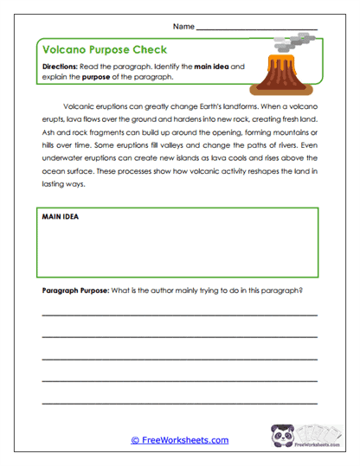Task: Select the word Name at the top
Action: [183, 27]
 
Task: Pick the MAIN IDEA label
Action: [61, 216]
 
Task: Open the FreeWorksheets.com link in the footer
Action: [179, 440]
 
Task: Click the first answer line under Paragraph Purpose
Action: [179, 316]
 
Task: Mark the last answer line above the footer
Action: [179, 400]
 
